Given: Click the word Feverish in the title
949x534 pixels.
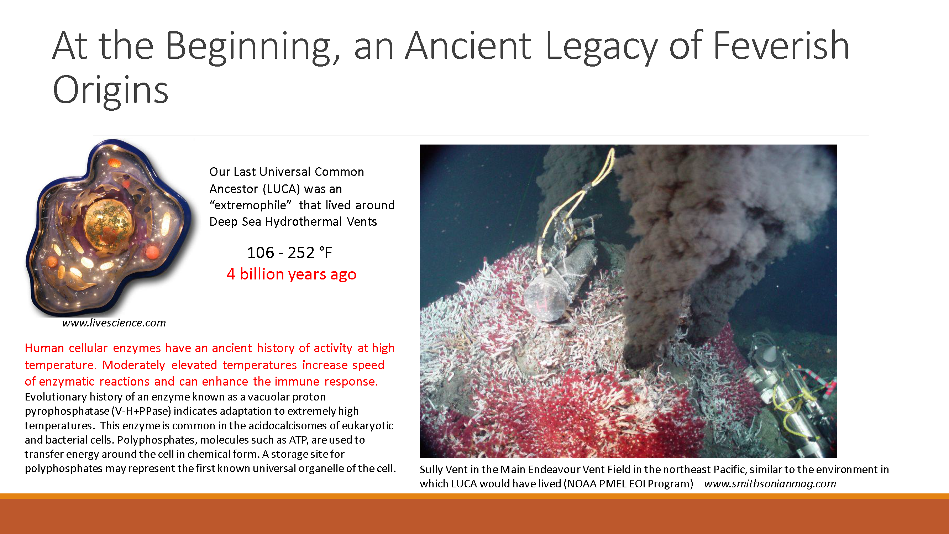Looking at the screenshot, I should (x=781, y=46).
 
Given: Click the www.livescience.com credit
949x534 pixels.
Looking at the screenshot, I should (x=114, y=323).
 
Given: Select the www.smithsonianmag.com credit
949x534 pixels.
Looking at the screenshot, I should (x=770, y=483).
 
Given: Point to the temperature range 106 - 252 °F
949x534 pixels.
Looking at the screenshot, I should (x=289, y=253).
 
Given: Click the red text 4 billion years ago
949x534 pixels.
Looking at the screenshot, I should (x=292, y=274).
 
